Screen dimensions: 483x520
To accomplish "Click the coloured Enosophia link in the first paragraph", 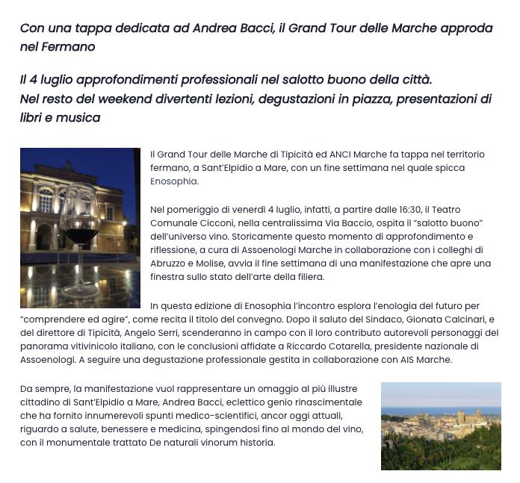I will click(x=174, y=181).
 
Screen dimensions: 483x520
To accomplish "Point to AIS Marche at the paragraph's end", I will click(x=426, y=360).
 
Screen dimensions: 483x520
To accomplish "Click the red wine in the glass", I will click(x=80, y=235).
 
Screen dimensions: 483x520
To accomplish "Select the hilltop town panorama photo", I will click(x=441, y=426).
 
